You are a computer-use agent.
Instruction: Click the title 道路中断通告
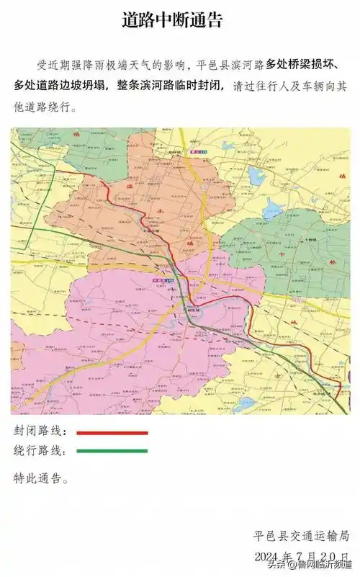[180, 19]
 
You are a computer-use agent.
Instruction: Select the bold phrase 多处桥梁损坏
[307, 65]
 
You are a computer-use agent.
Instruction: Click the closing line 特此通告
[42, 478]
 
